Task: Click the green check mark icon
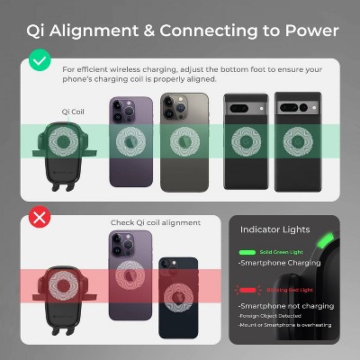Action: click(x=38, y=62)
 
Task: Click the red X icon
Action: click(x=38, y=218)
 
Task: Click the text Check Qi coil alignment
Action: click(x=156, y=222)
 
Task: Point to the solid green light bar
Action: click(x=249, y=253)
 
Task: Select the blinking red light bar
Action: click(x=249, y=291)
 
